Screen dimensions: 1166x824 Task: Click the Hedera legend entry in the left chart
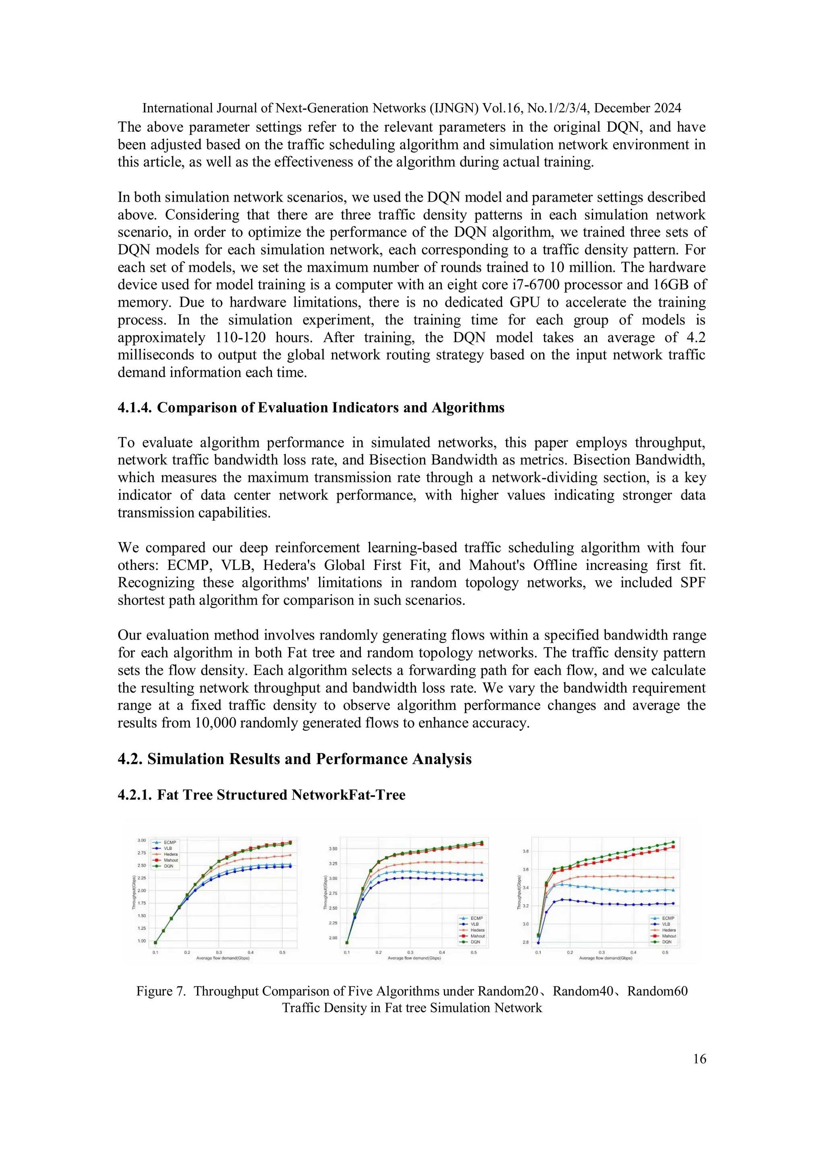point(170,854)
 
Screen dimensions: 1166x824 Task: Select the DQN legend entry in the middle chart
point(475,942)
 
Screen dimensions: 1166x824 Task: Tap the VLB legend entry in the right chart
point(666,924)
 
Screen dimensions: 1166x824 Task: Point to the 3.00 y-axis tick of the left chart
point(142,840)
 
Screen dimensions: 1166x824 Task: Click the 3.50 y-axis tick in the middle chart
point(333,848)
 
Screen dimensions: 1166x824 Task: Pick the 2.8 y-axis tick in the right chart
point(525,942)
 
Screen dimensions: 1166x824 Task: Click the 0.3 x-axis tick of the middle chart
point(410,953)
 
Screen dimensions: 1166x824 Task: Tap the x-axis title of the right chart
point(606,958)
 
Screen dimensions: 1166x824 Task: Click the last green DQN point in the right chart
point(673,842)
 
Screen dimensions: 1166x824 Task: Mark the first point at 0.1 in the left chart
point(155,943)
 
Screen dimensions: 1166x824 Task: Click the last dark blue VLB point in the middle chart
point(481,881)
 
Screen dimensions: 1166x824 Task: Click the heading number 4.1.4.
point(134,408)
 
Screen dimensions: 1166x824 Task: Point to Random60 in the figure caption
point(657,991)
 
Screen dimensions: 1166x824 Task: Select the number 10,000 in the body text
point(215,722)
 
